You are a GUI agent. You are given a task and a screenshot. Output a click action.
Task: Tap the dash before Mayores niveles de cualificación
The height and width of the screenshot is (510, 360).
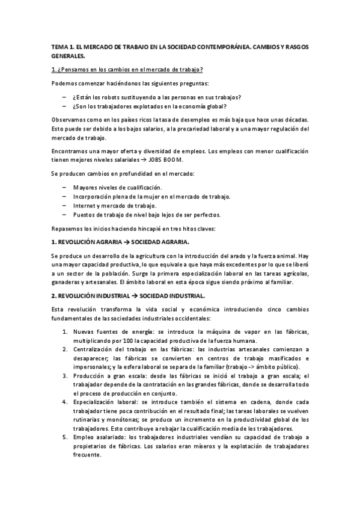coord(64,188)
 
